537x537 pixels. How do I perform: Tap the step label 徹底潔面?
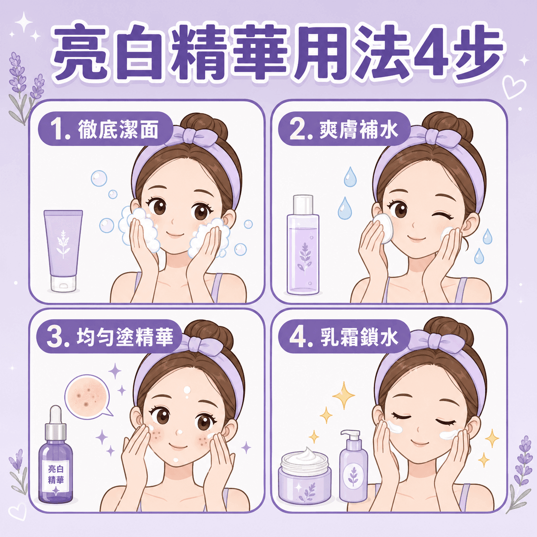(x=118, y=130)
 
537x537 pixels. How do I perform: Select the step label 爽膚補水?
(x=359, y=130)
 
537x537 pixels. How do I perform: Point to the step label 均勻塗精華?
(x=125, y=337)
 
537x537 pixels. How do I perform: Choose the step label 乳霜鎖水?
(x=359, y=337)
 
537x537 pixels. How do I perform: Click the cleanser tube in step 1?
(x=63, y=251)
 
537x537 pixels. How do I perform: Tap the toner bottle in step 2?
(x=303, y=245)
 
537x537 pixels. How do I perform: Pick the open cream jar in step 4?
(x=304, y=479)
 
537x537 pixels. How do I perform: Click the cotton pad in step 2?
(x=383, y=229)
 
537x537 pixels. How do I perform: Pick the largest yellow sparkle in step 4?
(x=343, y=395)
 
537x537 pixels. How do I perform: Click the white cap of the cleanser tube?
(x=63, y=284)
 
